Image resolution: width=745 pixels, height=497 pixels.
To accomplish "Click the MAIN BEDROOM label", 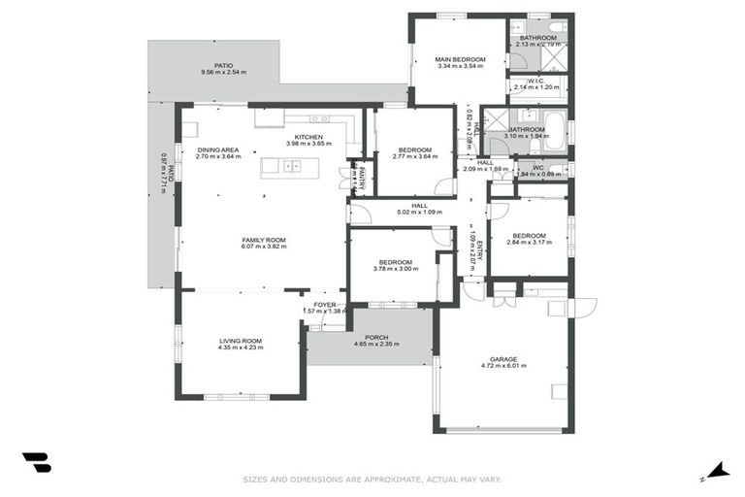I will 461,58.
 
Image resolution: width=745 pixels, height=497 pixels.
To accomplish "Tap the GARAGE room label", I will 503,359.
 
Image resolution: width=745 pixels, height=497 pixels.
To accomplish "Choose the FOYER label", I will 324,304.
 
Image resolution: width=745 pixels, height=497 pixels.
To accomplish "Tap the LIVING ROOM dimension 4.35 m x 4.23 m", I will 241,348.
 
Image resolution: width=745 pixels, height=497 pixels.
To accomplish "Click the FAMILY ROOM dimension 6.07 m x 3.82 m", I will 264,247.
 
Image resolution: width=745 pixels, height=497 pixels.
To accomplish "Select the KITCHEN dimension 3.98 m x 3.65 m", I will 308,144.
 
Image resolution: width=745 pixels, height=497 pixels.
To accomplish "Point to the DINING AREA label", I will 218,149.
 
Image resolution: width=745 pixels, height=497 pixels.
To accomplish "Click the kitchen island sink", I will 292,166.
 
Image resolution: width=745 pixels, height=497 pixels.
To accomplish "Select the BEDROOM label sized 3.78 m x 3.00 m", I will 396,262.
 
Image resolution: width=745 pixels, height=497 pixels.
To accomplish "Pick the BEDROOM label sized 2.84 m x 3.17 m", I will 529,235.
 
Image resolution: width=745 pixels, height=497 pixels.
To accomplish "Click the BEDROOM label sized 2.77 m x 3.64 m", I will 414,149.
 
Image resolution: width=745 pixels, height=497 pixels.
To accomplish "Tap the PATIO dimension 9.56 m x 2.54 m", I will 224,72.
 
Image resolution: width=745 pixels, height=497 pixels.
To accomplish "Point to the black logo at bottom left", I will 36,463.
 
